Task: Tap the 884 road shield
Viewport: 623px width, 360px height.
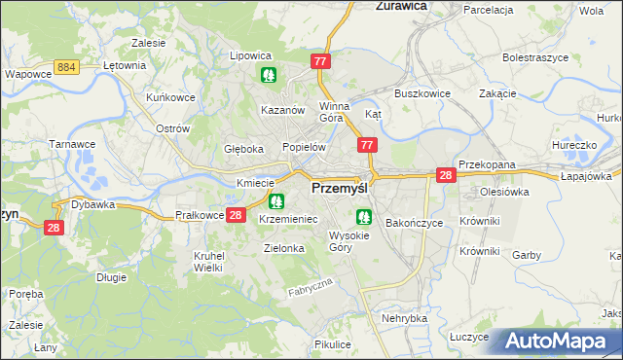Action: [66, 65]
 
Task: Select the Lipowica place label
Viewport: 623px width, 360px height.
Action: [250, 55]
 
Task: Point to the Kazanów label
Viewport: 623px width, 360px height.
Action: [283, 110]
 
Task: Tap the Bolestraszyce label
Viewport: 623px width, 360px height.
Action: [534, 57]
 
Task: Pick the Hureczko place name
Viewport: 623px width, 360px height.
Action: [573, 145]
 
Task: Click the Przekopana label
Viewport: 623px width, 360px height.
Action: [487, 165]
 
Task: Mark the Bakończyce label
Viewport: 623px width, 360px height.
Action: [414, 223]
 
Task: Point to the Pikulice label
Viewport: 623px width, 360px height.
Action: [332, 344]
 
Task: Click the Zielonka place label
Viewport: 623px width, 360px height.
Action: [284, 248]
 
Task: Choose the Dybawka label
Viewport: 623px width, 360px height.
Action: [93, 204]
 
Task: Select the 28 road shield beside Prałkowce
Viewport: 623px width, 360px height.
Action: [235, 215]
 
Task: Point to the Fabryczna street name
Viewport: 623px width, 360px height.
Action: [311, 287]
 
